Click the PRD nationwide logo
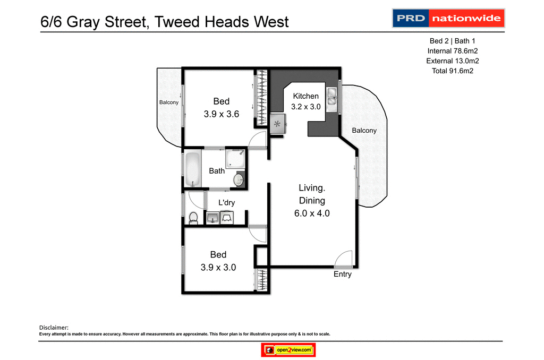point(448,18)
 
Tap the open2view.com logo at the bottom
point(289,350)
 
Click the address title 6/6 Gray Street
point(165,22)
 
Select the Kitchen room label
point(306,96)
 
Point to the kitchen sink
point(332,96)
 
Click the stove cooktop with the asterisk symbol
point(277,125)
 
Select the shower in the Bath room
point(235,158)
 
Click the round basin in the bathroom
point(239,179)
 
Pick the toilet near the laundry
point(193,218)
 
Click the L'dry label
point(227,202)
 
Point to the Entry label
point(342,275)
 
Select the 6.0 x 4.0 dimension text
point(312,213)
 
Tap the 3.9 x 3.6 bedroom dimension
point(222,114)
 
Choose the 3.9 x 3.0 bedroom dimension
point(218,268)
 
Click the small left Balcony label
point(169,102)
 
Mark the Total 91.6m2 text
point(453,71)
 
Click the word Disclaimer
point(54,328)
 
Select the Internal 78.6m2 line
point(453,51)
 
